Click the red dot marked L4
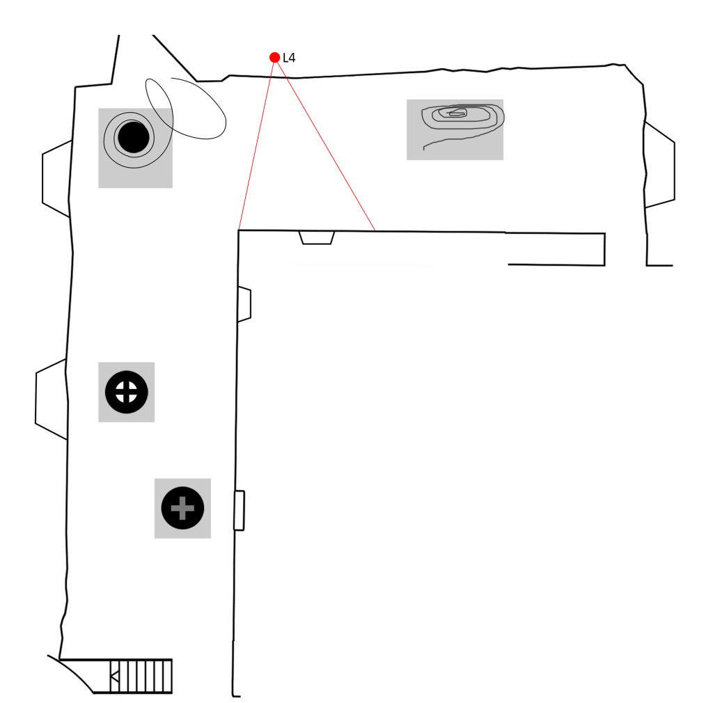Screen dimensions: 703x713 coord(274,57)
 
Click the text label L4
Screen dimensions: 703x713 coord(289,58)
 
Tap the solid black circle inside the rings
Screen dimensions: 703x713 coord(133,137)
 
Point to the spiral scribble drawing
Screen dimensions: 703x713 coord(460,118)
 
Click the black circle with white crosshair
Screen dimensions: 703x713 coord(126,392)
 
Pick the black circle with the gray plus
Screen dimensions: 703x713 coord(182,508)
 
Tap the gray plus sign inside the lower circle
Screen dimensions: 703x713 coord(182,508)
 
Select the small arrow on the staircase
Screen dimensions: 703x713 coord(115,675)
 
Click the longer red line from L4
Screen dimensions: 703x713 coord(326,145)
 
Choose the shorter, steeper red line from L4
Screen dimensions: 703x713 coord(256,143)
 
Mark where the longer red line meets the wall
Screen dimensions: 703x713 coord(375,230)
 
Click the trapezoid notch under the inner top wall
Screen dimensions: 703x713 coord(317,237)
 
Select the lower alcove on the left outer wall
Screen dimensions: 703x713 coord(52,399)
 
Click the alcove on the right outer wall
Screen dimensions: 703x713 coord(659,165)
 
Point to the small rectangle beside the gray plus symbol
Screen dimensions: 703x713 coord(239,510)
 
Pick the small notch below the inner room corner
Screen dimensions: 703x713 coord(244,304)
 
